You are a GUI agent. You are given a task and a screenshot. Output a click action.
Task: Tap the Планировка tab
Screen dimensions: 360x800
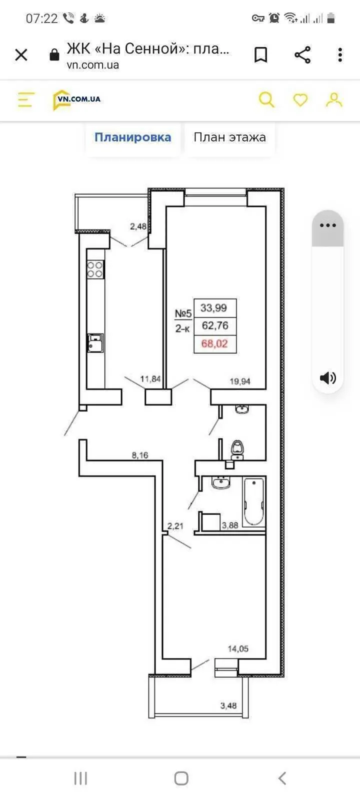click(133, 137)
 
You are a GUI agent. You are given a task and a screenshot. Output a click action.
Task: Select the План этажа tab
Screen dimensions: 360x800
click(229, 137)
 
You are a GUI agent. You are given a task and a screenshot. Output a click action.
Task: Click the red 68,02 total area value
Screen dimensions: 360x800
click(214, 343)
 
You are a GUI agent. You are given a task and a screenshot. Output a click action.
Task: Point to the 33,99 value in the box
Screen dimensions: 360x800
click(213, 307)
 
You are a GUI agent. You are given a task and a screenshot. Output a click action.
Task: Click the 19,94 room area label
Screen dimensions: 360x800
click(240, 381)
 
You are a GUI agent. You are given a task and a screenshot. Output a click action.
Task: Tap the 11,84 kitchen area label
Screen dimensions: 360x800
click(150, 378)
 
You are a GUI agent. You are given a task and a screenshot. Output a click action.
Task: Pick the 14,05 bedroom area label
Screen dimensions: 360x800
click(238, 648)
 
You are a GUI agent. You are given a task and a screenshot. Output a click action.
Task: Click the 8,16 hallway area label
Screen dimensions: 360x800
click(139, 455)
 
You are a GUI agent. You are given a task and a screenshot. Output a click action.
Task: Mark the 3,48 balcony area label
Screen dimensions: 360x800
click(228, 705)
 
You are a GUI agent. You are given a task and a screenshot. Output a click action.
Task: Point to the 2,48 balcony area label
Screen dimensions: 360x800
click(138, 226)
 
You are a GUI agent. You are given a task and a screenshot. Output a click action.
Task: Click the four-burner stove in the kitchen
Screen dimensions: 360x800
click(95, 269)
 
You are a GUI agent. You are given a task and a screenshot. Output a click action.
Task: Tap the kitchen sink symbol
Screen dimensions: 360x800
click(95, 343)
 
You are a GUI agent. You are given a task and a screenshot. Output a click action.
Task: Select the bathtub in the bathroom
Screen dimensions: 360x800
click(254, 502)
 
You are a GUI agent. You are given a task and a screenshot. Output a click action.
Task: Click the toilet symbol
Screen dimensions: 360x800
click(237, 449)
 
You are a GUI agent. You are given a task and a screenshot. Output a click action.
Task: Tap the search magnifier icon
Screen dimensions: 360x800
click(266, 99)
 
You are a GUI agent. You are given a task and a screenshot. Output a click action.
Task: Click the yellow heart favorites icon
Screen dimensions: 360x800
click(300, 99)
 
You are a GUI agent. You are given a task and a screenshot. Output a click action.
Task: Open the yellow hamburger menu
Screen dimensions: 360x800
click(26, 99)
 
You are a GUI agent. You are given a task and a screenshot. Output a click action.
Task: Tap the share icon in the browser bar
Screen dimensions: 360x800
click(302, 55)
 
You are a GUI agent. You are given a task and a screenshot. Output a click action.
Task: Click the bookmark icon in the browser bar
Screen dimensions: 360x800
click(260, 55)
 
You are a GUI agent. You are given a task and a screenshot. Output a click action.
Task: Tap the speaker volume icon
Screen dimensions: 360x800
click(328, 377)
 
